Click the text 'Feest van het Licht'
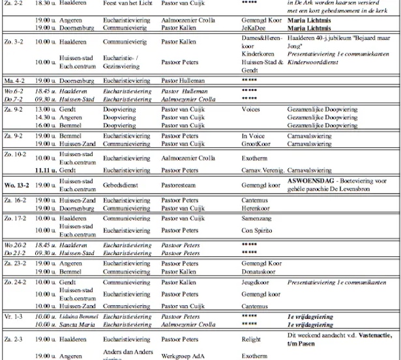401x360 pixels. click(x=127, y=4)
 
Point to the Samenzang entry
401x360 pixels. click(x=256, y=218)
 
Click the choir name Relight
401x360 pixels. click(x=251, y=340)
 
